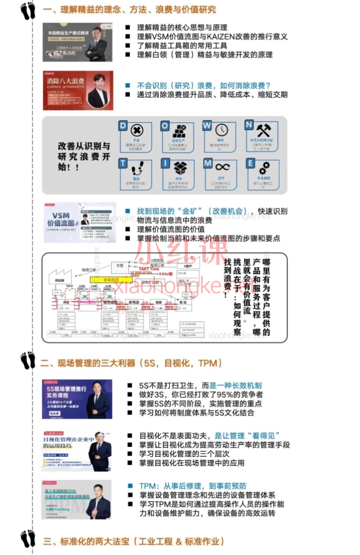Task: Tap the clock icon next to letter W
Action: click(221, 129)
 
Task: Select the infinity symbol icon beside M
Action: click(222, 167)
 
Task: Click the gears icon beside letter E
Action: click(264, 167)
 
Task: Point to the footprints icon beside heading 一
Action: click(27, 10)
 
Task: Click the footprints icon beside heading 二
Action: click(27, 360)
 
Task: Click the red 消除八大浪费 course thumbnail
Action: click(78, 90)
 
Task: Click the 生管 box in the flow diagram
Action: click(120, 265)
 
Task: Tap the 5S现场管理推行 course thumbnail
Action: click(77, 399)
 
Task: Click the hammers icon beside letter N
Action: click(264, 129)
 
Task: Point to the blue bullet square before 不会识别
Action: click(127, 85)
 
